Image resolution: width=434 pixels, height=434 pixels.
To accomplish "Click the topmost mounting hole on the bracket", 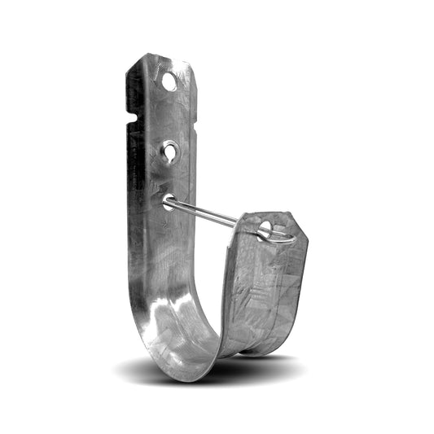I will (169, 81).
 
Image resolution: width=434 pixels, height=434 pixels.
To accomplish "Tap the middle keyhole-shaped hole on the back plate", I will (169, 151).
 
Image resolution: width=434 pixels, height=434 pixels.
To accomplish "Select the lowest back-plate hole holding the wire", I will (168, 201).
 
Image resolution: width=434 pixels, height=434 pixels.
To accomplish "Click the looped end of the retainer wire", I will (279, 236).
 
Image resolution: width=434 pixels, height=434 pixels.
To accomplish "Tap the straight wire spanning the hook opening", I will (208, 213).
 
